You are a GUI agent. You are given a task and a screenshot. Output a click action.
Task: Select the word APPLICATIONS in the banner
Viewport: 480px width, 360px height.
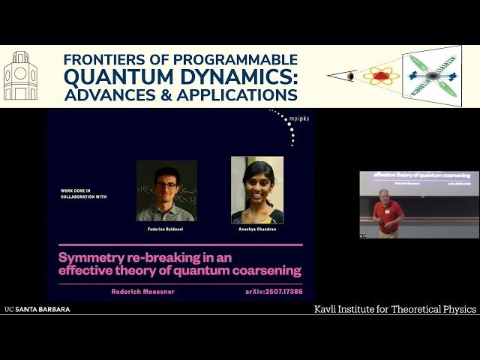[x=241, y=95]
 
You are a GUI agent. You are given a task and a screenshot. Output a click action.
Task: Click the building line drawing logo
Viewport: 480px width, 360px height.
[x=20, y=76]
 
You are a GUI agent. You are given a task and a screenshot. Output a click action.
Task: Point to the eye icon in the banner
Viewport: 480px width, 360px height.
[x=350, y=76]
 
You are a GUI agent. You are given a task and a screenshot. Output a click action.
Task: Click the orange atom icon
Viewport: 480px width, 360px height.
[x=381, y=76]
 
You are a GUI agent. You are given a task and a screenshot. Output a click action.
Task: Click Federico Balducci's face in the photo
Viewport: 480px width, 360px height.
[x=166, y=182]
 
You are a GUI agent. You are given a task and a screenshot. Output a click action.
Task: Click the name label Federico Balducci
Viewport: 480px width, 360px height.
[x=166, y=226]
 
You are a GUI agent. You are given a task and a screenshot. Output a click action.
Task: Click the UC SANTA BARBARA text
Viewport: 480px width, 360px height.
[x=37, y=309]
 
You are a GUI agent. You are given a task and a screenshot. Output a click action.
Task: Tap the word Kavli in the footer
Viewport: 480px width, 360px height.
[x=328, y=309]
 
